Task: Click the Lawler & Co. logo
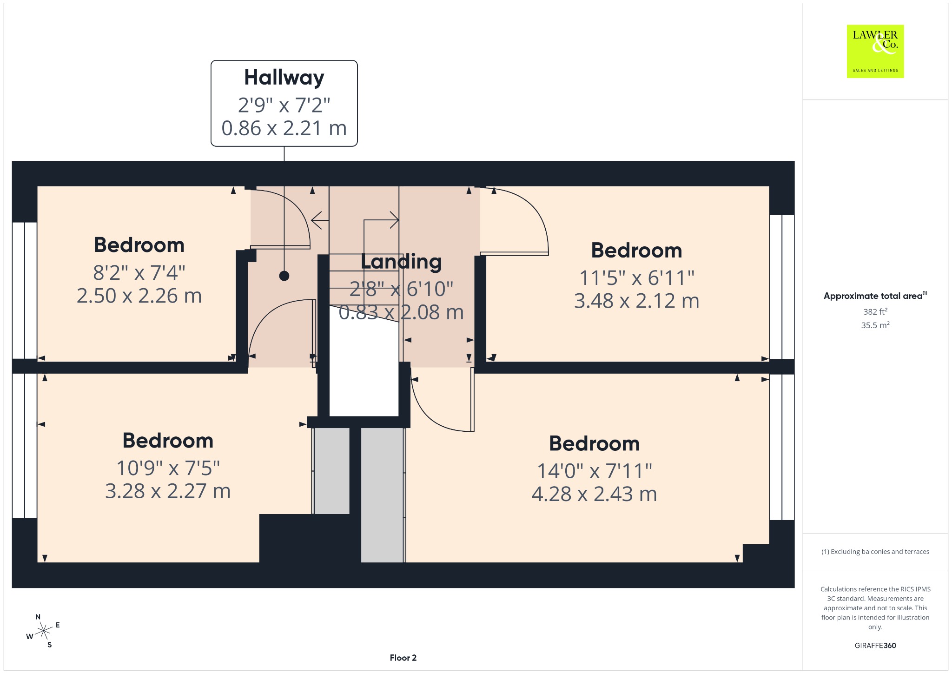coord(875,51)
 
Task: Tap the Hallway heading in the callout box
coord(284,78)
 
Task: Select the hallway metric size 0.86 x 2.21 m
coord(284,128)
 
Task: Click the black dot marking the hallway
coord(284,276)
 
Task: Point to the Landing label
coord(401,261)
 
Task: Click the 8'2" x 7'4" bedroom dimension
coord(139,273)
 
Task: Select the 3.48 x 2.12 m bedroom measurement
coord(636,301)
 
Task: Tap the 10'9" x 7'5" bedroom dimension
coord(168,468)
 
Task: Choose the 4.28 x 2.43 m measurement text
coord(594,494)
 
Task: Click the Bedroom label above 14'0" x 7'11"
coord(594,443)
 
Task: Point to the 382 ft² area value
coord(875,311)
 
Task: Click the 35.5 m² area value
coord(875,325)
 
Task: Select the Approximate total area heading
coord(875,296)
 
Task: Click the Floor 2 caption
coord(403,658)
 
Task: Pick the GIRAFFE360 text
coord(875,645)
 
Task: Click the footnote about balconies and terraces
coord(875,552)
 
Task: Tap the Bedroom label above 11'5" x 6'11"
coord(636,251)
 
